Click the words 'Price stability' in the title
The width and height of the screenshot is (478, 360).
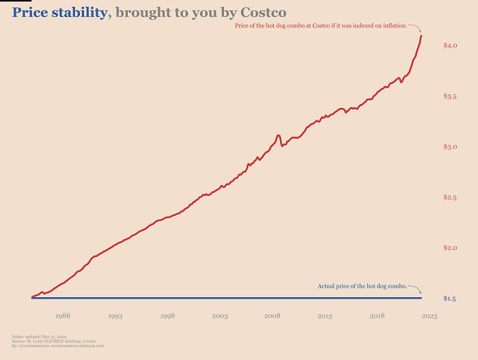click(x=59, y=13)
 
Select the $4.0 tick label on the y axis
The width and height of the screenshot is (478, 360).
click(x=449, y=46)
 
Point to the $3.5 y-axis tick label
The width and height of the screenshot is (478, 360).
click(x=449, y=96)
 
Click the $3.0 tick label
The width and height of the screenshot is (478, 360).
click(x=449, y=147)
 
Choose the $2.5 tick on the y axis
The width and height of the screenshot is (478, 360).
click(x=449, y=197)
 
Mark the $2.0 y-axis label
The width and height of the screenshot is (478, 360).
click(x=449, y=248)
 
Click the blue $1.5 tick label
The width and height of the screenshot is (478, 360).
click(x=449, y=299)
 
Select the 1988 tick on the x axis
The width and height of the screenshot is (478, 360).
click(x=63, y=316)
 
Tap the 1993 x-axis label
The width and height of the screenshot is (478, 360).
click(x=115, y=316)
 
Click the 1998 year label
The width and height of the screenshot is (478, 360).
click(x=168, y=316)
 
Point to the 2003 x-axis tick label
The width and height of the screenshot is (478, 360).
click(x=220, y=316)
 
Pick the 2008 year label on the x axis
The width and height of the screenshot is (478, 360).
click(x=272, y=316)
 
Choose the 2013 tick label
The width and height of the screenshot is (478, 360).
click(x=324, y=316)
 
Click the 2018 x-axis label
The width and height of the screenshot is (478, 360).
click(x=377, y=316)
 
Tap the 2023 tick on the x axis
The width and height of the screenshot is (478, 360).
click(x=429, y=316)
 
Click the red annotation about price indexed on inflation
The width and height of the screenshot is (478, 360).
click(x=320, y=25)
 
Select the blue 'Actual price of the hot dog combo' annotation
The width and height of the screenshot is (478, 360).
click(x=362, y=286)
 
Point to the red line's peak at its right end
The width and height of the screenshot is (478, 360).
click(x=421, y=36)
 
